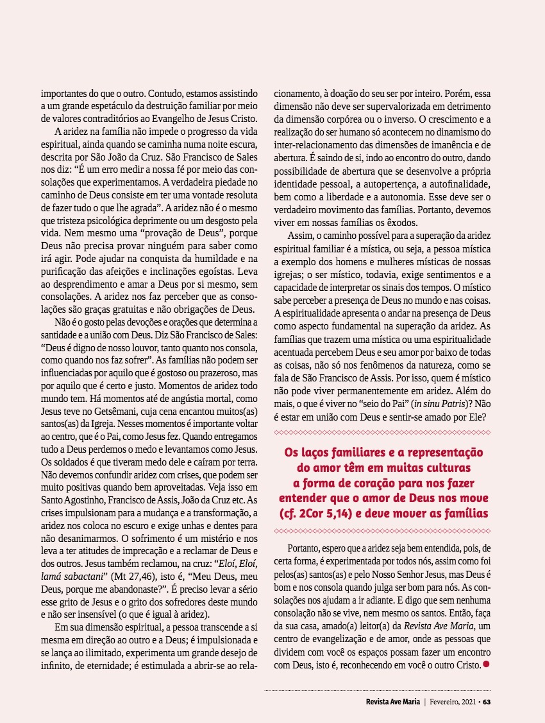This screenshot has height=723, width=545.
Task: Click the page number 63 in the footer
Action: (x=487, y=701)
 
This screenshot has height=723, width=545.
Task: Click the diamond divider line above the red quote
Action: (x=382, y=431)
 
